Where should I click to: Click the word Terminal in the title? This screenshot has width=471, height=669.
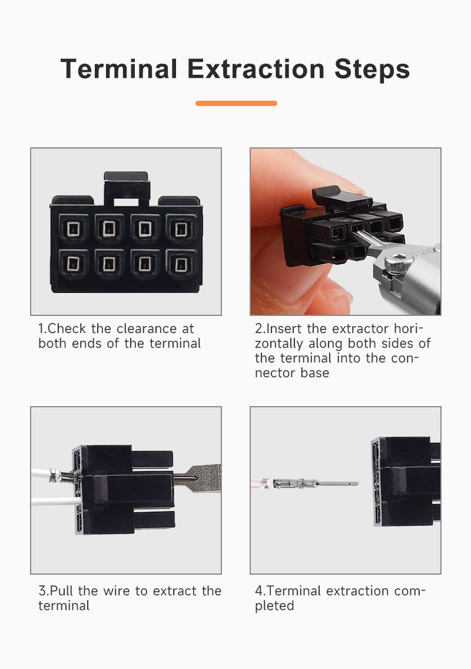click(119, 69)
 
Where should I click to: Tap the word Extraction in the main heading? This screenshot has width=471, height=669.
click(256, 69)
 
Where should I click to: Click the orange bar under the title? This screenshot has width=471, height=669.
click(236, 103)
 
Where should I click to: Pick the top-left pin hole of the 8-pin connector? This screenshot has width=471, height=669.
click(74, 229)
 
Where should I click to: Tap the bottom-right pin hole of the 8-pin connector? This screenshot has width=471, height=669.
click(181, 264)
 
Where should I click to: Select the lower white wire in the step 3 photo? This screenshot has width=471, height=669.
click(56, 501)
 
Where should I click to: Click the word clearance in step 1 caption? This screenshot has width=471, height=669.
click(147, 328)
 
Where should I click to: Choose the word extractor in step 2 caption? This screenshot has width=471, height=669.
click(360, 328)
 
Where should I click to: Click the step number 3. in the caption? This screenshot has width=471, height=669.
click(44, 591)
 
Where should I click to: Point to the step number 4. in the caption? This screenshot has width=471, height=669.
click(260, 591)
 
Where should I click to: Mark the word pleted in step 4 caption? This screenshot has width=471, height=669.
click(274, 606)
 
